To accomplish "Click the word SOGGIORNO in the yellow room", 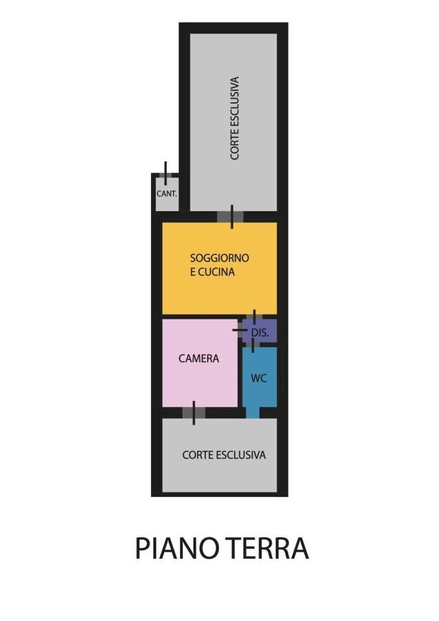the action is click(x=220, y=258).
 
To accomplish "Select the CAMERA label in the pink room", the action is click(x=199, y=358).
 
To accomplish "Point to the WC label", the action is click(x=259, y=379).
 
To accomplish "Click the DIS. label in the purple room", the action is click(x=260, y=332).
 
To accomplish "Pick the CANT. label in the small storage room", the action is click(x=167, y=194).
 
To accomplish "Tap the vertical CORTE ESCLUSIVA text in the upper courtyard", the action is click(x=234, y=118).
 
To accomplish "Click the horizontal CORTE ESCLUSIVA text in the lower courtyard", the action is click(x=224, y=455).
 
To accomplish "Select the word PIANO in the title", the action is click(x=178, y=548).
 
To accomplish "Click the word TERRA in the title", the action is click(x=268, y=548).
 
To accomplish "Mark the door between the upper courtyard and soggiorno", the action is click(x=231, y=216).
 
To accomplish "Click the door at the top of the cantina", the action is click(x=166, y=174).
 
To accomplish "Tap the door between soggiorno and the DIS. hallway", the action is click(x=254, y=316).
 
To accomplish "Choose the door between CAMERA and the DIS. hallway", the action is click(x=240, y=330).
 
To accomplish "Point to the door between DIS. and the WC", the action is click(x=253, y=345).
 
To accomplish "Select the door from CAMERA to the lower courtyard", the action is click(x=193, y=413).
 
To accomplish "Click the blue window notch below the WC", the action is click(x=253, y=413).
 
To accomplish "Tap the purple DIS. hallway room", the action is click(x=260, y=331).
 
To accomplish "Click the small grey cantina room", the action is click(x=166, y=194).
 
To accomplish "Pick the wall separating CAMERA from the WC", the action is click(x=240, y=372).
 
